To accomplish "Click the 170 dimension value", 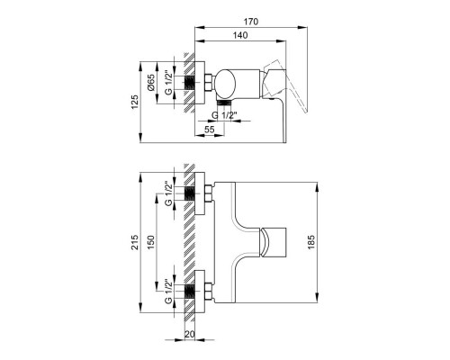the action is pyautogui.click(x=251, y=22).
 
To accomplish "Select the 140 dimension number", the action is pyautogui.click(x=240, y=35).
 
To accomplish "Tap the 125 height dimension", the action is pyautogui.click(x=135, y=102).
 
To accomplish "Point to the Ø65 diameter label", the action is pyautogui.click(x=151, y=83).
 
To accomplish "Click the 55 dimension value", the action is pyautogui.click(x=210, y=130).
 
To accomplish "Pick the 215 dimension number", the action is pyautogui.click(x=135, y=242).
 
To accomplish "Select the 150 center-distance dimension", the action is pyautogui.click(x=150, y=242).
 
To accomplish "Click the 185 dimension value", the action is pyautogui.click(x=311, y=242).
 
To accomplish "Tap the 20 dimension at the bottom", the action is pyautogui.click(x=190, y=334).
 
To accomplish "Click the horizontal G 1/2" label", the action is pyautogui.click(x=224, y=115).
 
